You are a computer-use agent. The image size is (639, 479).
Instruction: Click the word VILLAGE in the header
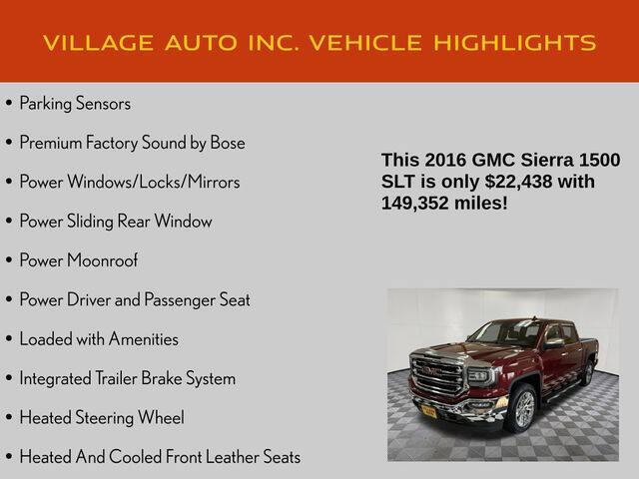tap(95, 42)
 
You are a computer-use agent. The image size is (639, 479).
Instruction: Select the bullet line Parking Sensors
tap(75, 103)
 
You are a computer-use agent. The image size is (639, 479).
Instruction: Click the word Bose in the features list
tap(227, 143)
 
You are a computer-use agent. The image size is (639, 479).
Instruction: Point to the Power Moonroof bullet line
tap(78, 260)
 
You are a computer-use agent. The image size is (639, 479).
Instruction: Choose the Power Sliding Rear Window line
tap(115, 222)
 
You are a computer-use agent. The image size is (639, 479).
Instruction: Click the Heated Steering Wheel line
tap(102, 418)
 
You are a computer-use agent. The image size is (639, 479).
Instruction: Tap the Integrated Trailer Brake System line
tap(127, 378)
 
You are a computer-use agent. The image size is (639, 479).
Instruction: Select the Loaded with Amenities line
tap(99, 339)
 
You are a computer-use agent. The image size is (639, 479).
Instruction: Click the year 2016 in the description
tap(443, 161)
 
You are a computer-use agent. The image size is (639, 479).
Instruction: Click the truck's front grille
tap(436, 376)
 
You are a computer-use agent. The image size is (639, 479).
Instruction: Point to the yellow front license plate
tap(428, 410)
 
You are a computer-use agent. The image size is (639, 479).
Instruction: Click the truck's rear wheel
tap(587, 371)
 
